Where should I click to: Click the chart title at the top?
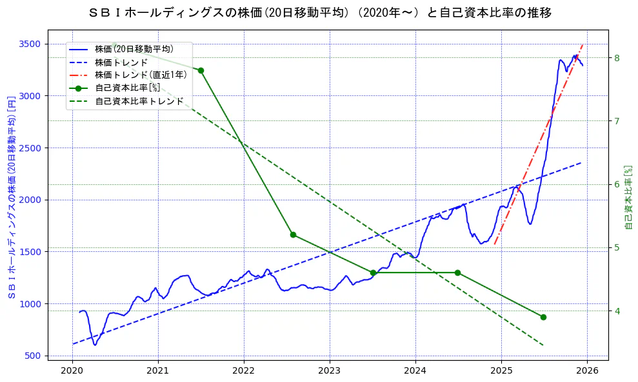319,13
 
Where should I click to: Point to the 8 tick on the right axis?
617,58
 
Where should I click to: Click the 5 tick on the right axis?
617,248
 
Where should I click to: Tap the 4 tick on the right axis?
617,311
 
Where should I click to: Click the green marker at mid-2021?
201,70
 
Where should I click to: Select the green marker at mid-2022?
293,234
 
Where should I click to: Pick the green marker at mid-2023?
373,272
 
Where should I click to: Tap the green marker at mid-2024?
457,272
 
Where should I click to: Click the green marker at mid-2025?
543,317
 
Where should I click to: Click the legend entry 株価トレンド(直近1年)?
141,75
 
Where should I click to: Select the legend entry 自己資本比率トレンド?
139,101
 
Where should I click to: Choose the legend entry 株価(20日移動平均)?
134,48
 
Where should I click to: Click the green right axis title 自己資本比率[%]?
629,196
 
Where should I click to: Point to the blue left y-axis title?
12,196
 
